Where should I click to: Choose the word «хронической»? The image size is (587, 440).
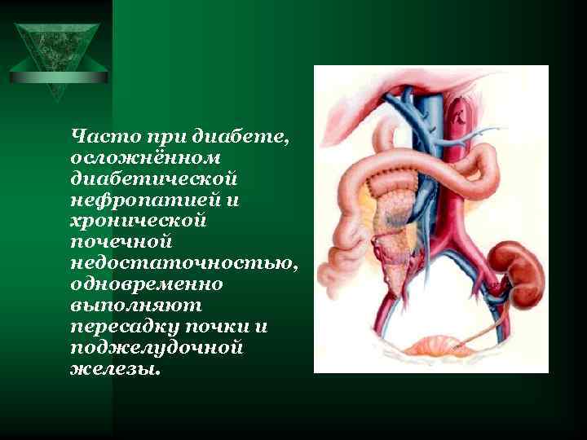coord(139,220)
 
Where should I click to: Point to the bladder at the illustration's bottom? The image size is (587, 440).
coord(431,346)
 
